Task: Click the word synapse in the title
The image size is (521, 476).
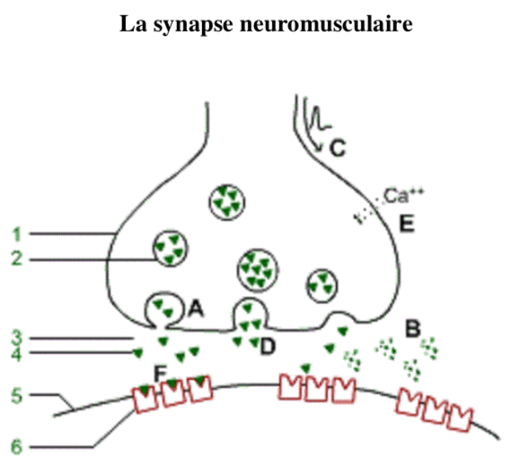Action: point(193,25)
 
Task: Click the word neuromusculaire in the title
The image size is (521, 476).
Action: point(326,24)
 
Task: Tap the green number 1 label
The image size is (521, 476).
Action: point(17,234)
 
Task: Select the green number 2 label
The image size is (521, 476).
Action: point(17,258)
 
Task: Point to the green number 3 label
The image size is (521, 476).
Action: point(17,338)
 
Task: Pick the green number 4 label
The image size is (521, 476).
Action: point(17,354)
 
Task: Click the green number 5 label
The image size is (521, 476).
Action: point(17,396)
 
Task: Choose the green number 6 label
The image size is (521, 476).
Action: point(17,446)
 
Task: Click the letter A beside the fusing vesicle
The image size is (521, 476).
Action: point(196,309)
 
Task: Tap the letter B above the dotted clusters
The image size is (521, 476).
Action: point(413,329)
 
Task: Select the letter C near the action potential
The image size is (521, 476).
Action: point(338,148)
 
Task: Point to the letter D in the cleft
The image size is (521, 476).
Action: point(268,347)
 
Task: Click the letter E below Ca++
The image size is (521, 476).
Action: point(407,224)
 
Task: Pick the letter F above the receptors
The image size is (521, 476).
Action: point(160,373)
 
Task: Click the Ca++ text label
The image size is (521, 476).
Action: point(403,196)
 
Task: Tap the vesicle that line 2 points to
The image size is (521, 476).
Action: point(170,249)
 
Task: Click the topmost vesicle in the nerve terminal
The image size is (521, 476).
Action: point(227,202)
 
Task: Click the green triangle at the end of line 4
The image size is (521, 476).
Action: point(138,353)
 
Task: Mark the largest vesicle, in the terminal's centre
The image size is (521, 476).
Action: point(258,269)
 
